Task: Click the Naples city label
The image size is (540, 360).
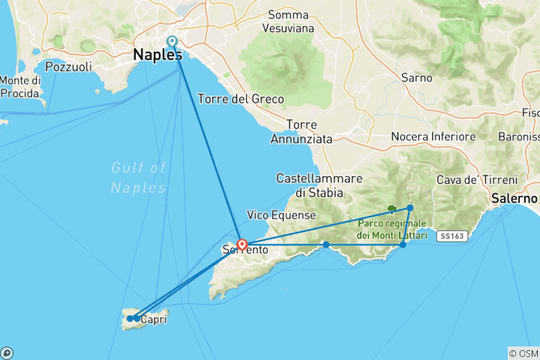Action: point(157,55)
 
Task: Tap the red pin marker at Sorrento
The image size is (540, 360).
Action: point(242,244)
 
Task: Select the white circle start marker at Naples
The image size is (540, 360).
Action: point(172,42)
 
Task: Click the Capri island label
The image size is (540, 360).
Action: point(152,319)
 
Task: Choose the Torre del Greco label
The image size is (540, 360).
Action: point(240,99)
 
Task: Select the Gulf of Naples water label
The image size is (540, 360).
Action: point(139,177)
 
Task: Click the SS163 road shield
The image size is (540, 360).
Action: point(451,235)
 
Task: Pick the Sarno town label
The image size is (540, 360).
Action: point(416,78)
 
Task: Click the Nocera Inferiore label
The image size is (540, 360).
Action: point(433,137)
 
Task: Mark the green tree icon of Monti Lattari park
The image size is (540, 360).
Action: point(391,209)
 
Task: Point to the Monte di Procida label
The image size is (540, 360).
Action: point(19,86)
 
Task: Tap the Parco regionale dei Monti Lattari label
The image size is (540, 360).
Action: point(391,229)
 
